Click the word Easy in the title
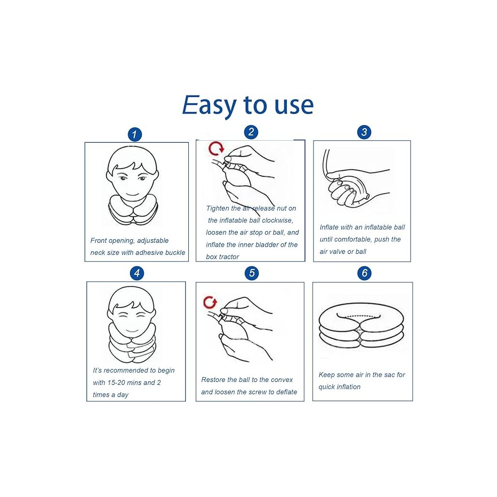209,105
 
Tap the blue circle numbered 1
135,134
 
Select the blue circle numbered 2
251,132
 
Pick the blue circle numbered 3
364,132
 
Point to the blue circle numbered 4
137,273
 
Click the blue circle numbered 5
252,273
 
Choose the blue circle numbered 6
364,273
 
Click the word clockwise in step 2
277,220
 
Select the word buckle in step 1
175,252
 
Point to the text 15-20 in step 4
116,382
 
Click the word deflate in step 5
286,392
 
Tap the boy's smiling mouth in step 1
132,195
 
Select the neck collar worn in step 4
132,343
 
